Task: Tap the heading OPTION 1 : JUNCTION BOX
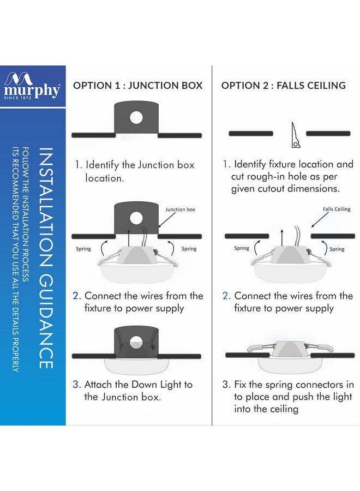pos(137,86)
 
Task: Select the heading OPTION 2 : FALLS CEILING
pos(283,86)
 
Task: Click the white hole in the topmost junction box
pos(136,117)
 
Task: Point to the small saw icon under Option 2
pos(295,135)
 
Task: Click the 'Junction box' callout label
pos(179,209)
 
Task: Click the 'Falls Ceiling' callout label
pos(337,209)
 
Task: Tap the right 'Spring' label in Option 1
pos(189,249)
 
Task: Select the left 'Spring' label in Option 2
pos(242,248)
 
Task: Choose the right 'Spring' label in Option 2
pos(337,249)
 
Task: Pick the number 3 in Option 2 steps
pos(226,385)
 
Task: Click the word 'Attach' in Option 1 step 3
pos(99,385)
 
